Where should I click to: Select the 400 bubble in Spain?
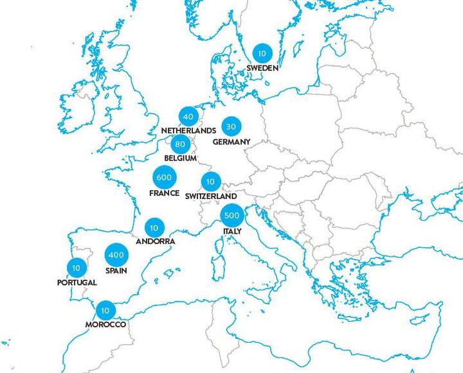tap(116, 255)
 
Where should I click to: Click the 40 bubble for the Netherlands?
tap(188, 117)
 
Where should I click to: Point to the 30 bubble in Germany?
tap(230, 126)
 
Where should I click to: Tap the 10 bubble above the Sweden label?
tap(262, 53)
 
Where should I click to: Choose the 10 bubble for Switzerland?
tap(210, 182)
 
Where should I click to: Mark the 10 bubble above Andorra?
tap(154, 227)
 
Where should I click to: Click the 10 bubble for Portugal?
tap(77, 267)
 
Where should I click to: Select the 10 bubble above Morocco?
tap(104, 311)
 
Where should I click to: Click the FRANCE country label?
tap(164, 193)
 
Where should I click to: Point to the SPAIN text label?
tap(116, 271)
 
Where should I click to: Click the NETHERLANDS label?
tap(188, 130)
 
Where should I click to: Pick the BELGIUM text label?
tap(179, 157)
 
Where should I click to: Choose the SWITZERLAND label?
tap(210, 196)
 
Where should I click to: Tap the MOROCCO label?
tap(104, 325)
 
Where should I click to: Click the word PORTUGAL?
tap(77, 282)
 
